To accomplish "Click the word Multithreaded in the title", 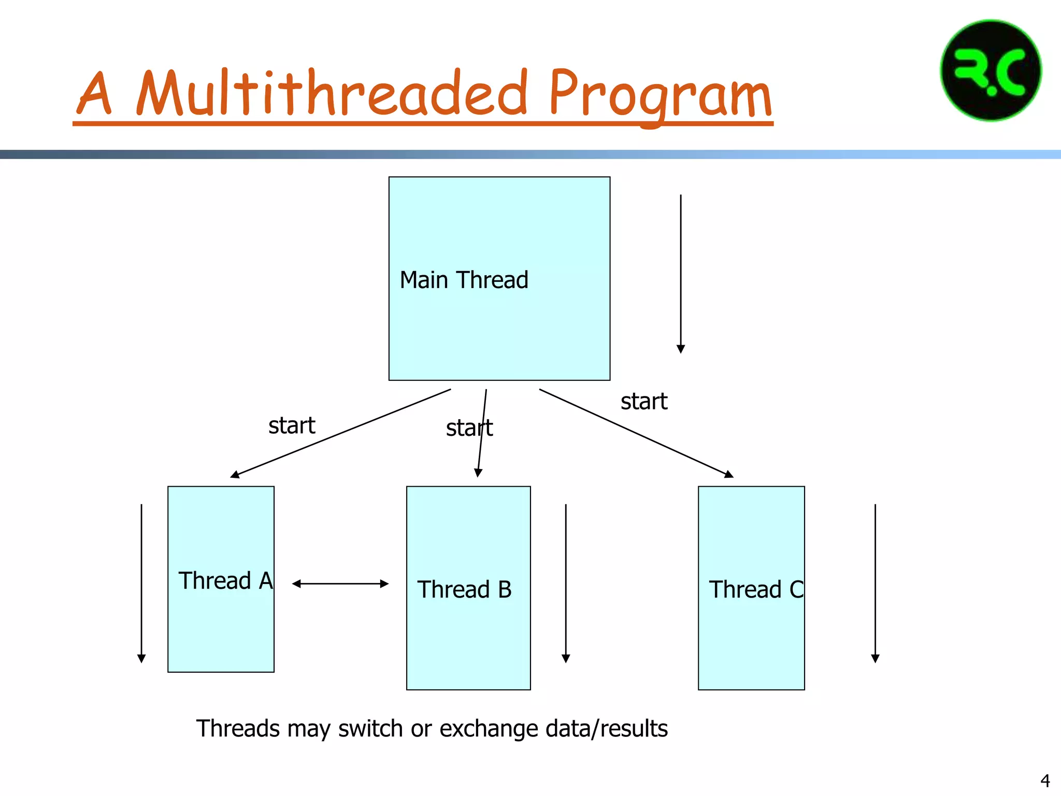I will click(x=332, y=93).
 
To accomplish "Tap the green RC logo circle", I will click(x=991, y=71).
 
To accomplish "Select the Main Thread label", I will click(x=464, y=280).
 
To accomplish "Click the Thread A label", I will click(x=225, y=580).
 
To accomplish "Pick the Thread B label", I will click(x=464, y=590).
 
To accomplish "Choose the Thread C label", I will click(x=755, y=590).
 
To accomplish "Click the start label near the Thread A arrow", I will click(x=292, y=426).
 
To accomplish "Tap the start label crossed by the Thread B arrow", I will click(x=469, y=428).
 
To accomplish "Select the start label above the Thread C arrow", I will click(x=644, y=402).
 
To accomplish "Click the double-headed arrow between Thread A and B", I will click(x=340, y=584).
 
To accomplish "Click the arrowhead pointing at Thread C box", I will click(x=729, y=474).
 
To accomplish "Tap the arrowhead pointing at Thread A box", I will click(x=235, y=474).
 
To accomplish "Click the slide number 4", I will click(x=1045, y=780).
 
